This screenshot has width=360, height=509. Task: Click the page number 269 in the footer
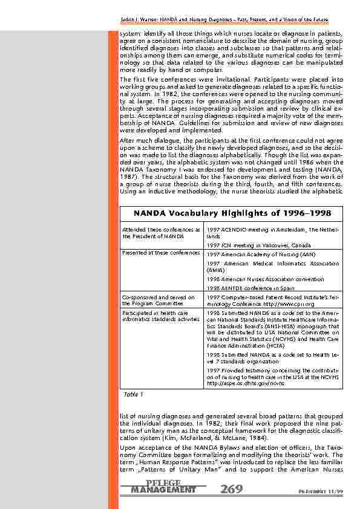pyautogui.click(x=232, y=488)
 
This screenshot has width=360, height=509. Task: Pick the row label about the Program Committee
pyautogui.click(x=157, y=300)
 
